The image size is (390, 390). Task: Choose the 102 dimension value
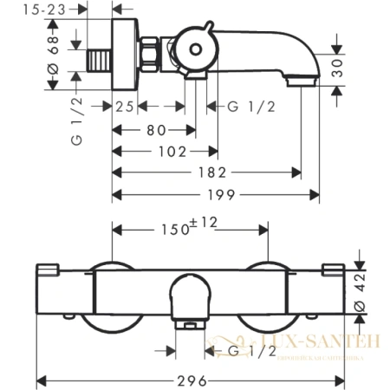[x=172, y=152]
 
